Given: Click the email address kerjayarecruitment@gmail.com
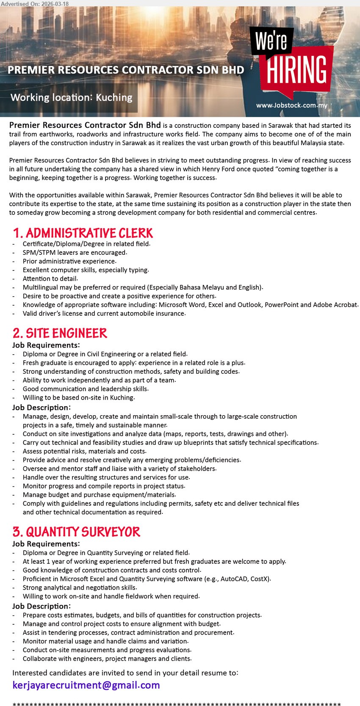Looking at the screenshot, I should [86, 685].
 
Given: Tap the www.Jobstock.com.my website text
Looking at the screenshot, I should [291, 105].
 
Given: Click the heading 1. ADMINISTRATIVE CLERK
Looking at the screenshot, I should [83, 233].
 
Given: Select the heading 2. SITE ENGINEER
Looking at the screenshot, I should [60, 333].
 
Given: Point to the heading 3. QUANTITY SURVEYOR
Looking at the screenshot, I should [76, 532].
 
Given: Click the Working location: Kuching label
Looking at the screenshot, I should [72, 97].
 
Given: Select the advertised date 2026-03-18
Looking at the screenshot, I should [55, 4].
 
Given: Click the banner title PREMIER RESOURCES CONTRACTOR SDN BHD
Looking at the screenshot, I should [126, 70].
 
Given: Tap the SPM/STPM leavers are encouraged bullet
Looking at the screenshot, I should [75, 253].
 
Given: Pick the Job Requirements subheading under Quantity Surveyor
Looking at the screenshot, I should [46, 544].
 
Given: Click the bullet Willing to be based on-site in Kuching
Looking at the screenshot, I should [78, 397].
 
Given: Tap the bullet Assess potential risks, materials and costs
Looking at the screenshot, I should [84, 451].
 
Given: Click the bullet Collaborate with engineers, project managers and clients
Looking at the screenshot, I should [107, 659].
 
